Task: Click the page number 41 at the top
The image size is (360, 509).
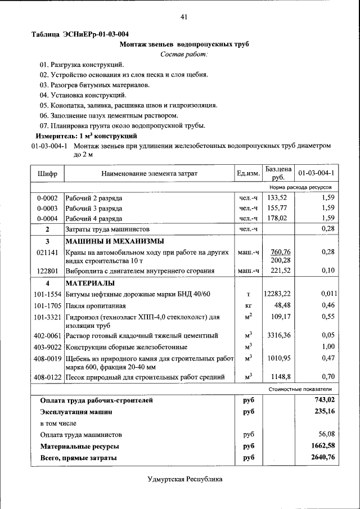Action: pos(183,17)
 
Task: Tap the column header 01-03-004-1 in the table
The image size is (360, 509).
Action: pos(316,173)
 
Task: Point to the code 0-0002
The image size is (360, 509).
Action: pos(47,198)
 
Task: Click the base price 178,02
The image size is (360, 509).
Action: pos(277,218)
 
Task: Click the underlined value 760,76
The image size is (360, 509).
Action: pos(280,252)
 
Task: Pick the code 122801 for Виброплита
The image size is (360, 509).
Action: pos(47,271)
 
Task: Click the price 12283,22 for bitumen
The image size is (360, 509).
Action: pos(277,294)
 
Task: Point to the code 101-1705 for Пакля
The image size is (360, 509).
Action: pos(47,305)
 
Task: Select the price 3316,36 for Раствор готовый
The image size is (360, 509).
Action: pos(277,336)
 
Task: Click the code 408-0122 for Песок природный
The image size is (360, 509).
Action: pos(47,377)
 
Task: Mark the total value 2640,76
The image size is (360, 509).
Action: pos(323,458)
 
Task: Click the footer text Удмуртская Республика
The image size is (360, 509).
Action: pos(184,479)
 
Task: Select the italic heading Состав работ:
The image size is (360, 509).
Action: pos(184,55)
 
